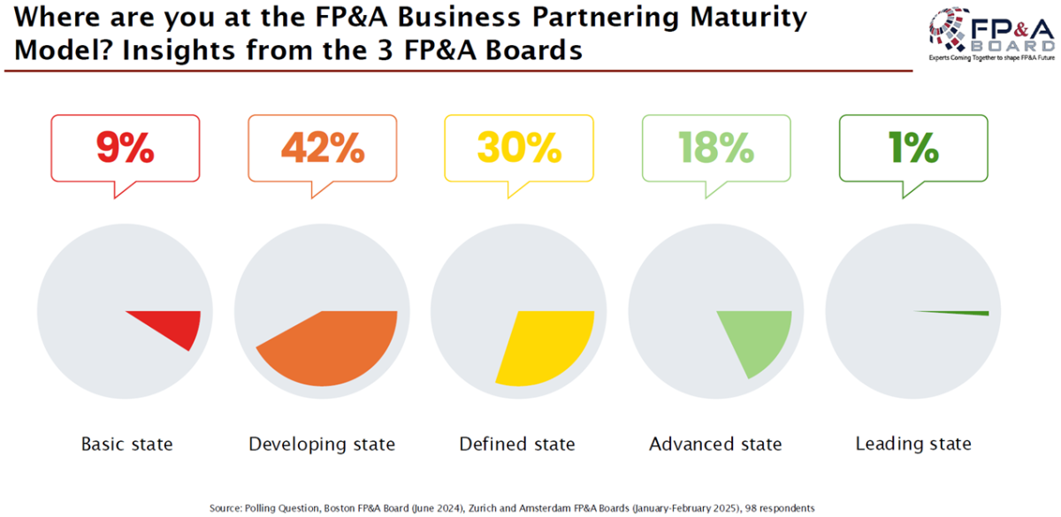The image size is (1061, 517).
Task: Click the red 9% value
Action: (x=126, y=148)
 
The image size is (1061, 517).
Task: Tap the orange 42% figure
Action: (x=323, y=148)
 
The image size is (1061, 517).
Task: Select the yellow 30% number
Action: (x=519, y=148)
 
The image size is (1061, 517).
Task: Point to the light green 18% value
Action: (x=715, y=148)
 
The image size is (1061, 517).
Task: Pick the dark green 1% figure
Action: (x=913, y=148)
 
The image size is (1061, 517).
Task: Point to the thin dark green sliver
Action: (x=964, y=312)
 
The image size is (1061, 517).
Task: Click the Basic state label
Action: (x=126, y=444)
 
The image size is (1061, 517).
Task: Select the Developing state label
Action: (x=322, y=444)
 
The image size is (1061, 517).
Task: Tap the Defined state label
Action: (x=517, y=444)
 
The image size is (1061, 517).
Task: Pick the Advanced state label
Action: (x=715, y=444)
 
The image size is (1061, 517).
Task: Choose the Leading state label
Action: (x=913, y=444)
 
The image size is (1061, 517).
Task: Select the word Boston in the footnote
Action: (x=344, y=508)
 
